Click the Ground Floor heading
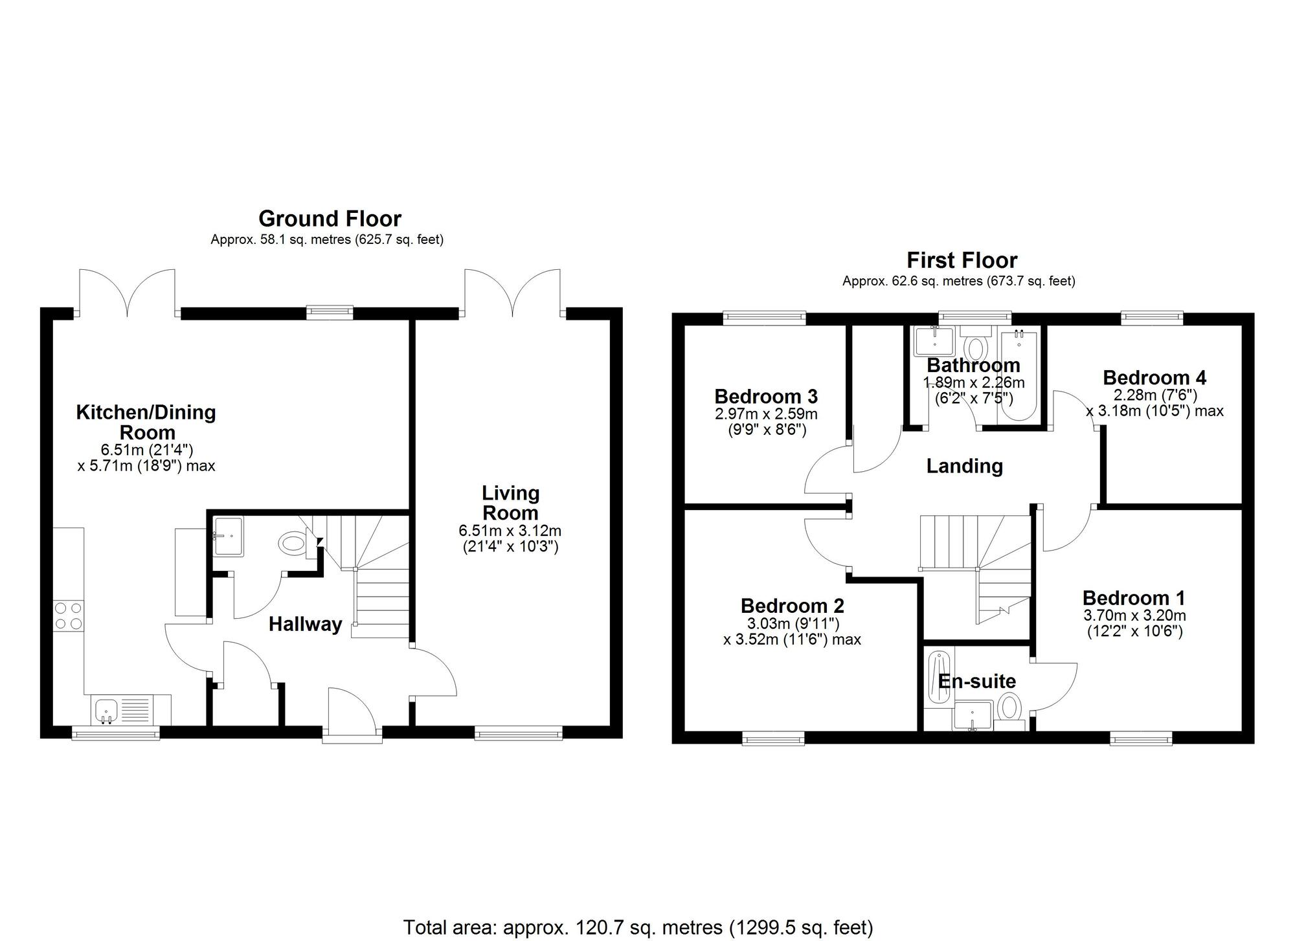click(x=330, y=218)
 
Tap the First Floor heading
click(x=962, y=260)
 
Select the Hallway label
click(x=306, y=625)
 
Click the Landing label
click(x=964, y=465)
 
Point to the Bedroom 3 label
click(x=766, y=396)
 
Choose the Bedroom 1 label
click(x=1134, y=597)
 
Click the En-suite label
click(x=977, y=681)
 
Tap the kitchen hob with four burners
click(x=69, y=615)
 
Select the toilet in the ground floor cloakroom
click(x=295, y=541)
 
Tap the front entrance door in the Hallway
click(x=352, y=712)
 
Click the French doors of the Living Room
click(x=513, y=294)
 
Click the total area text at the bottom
click(x=638, y=927)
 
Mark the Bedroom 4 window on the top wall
click(x=1152, y=317)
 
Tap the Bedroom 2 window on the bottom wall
click(x=773, y=738)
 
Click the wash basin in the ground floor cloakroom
click(x=229, y=536)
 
